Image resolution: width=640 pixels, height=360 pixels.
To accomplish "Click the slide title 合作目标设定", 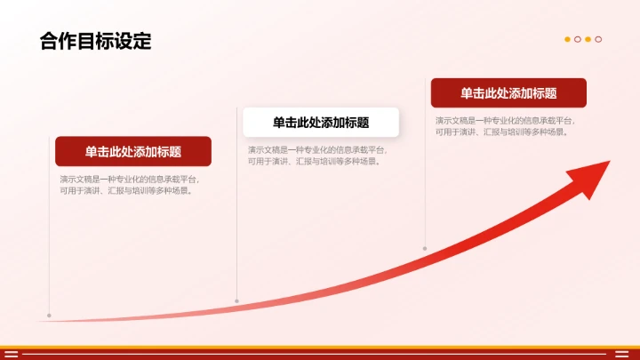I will (95, 41).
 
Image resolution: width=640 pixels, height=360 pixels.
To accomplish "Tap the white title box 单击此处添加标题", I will (320, 123).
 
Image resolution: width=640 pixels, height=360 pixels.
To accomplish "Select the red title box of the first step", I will (133, 151).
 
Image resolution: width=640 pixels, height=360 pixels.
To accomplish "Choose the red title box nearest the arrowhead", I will (508, 93).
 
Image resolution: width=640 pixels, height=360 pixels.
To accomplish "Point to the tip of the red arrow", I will (611, 162).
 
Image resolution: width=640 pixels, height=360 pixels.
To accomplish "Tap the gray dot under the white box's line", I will (236, 301).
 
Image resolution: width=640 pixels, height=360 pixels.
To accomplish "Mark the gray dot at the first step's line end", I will (49, 315).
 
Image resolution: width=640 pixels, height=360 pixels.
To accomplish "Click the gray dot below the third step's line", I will (425, 248).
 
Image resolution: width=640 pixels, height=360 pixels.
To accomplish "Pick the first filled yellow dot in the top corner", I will (568, 39).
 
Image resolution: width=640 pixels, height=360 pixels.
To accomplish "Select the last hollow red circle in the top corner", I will (599, 39).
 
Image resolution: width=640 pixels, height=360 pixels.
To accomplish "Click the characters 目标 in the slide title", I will (95, 41).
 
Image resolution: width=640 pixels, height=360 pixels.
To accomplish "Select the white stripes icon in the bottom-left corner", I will (12, 354).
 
